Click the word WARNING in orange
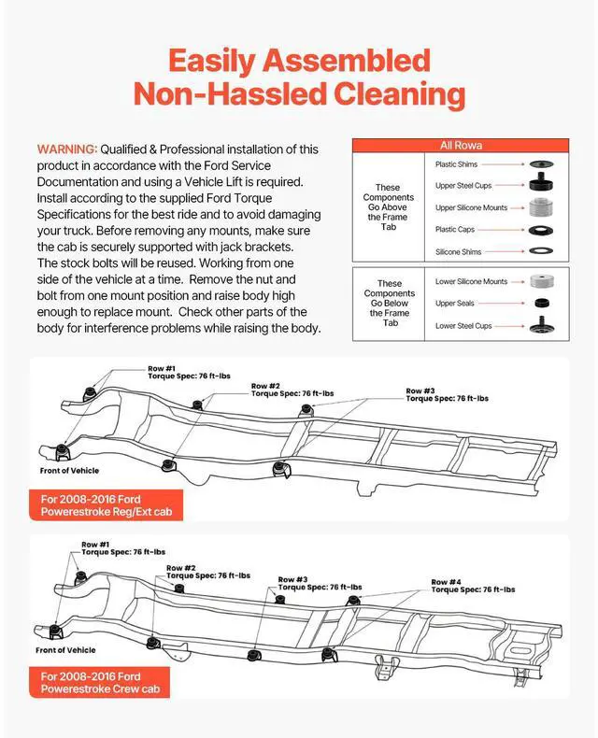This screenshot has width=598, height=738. pos(66,149)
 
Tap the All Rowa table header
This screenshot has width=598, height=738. pos(461,146)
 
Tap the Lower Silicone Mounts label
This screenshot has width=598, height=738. pos(471,281)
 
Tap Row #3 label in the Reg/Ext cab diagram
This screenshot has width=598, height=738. pos(420,390)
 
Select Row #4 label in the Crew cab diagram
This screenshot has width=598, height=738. pos(446,582)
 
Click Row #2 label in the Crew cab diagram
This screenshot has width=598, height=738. pos(181,567)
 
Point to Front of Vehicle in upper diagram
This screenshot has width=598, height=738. pos(69,471)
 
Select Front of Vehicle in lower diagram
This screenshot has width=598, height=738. pos(65,650)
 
